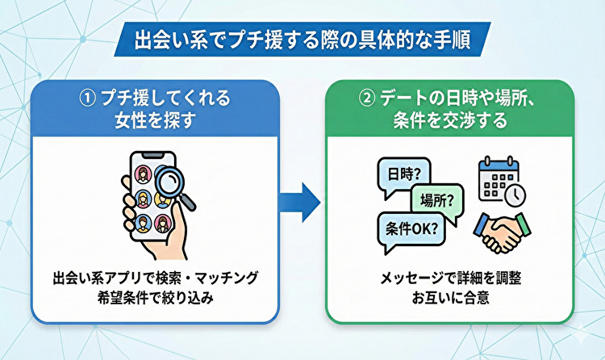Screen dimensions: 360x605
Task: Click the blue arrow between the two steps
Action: pyautogui.click(x=301, y=200)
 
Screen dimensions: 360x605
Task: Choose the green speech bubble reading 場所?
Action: pyautogui.click(x=436, y=198)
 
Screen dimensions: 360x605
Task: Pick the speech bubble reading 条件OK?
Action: pyautogui.click(x=408, y=227)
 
